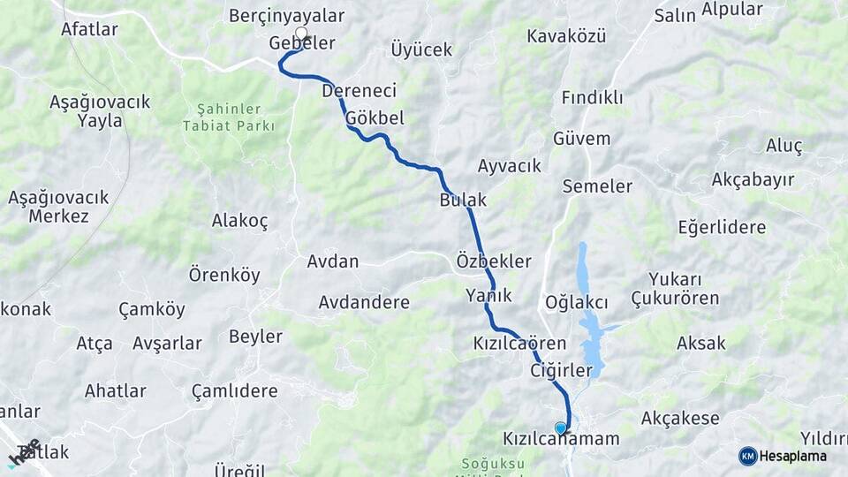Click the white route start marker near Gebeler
[301, 34]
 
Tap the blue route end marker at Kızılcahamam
[560, 428]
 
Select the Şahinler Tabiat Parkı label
[228, 117]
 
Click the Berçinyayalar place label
[286, 16]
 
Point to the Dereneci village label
[359, 91]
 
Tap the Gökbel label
[375, 118]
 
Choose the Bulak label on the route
[463, 201]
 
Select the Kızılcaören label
[519, 343]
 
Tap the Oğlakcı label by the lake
[577, 303]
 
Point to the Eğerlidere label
[722, 227]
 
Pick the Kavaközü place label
[566, 36]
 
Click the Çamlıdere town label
[234, 390]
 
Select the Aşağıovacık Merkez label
[58, 206]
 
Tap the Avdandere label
[364, 302]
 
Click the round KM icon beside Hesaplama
[747, 456]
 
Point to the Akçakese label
[680, 418]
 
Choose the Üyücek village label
[421, 49]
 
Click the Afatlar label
[89, 29]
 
